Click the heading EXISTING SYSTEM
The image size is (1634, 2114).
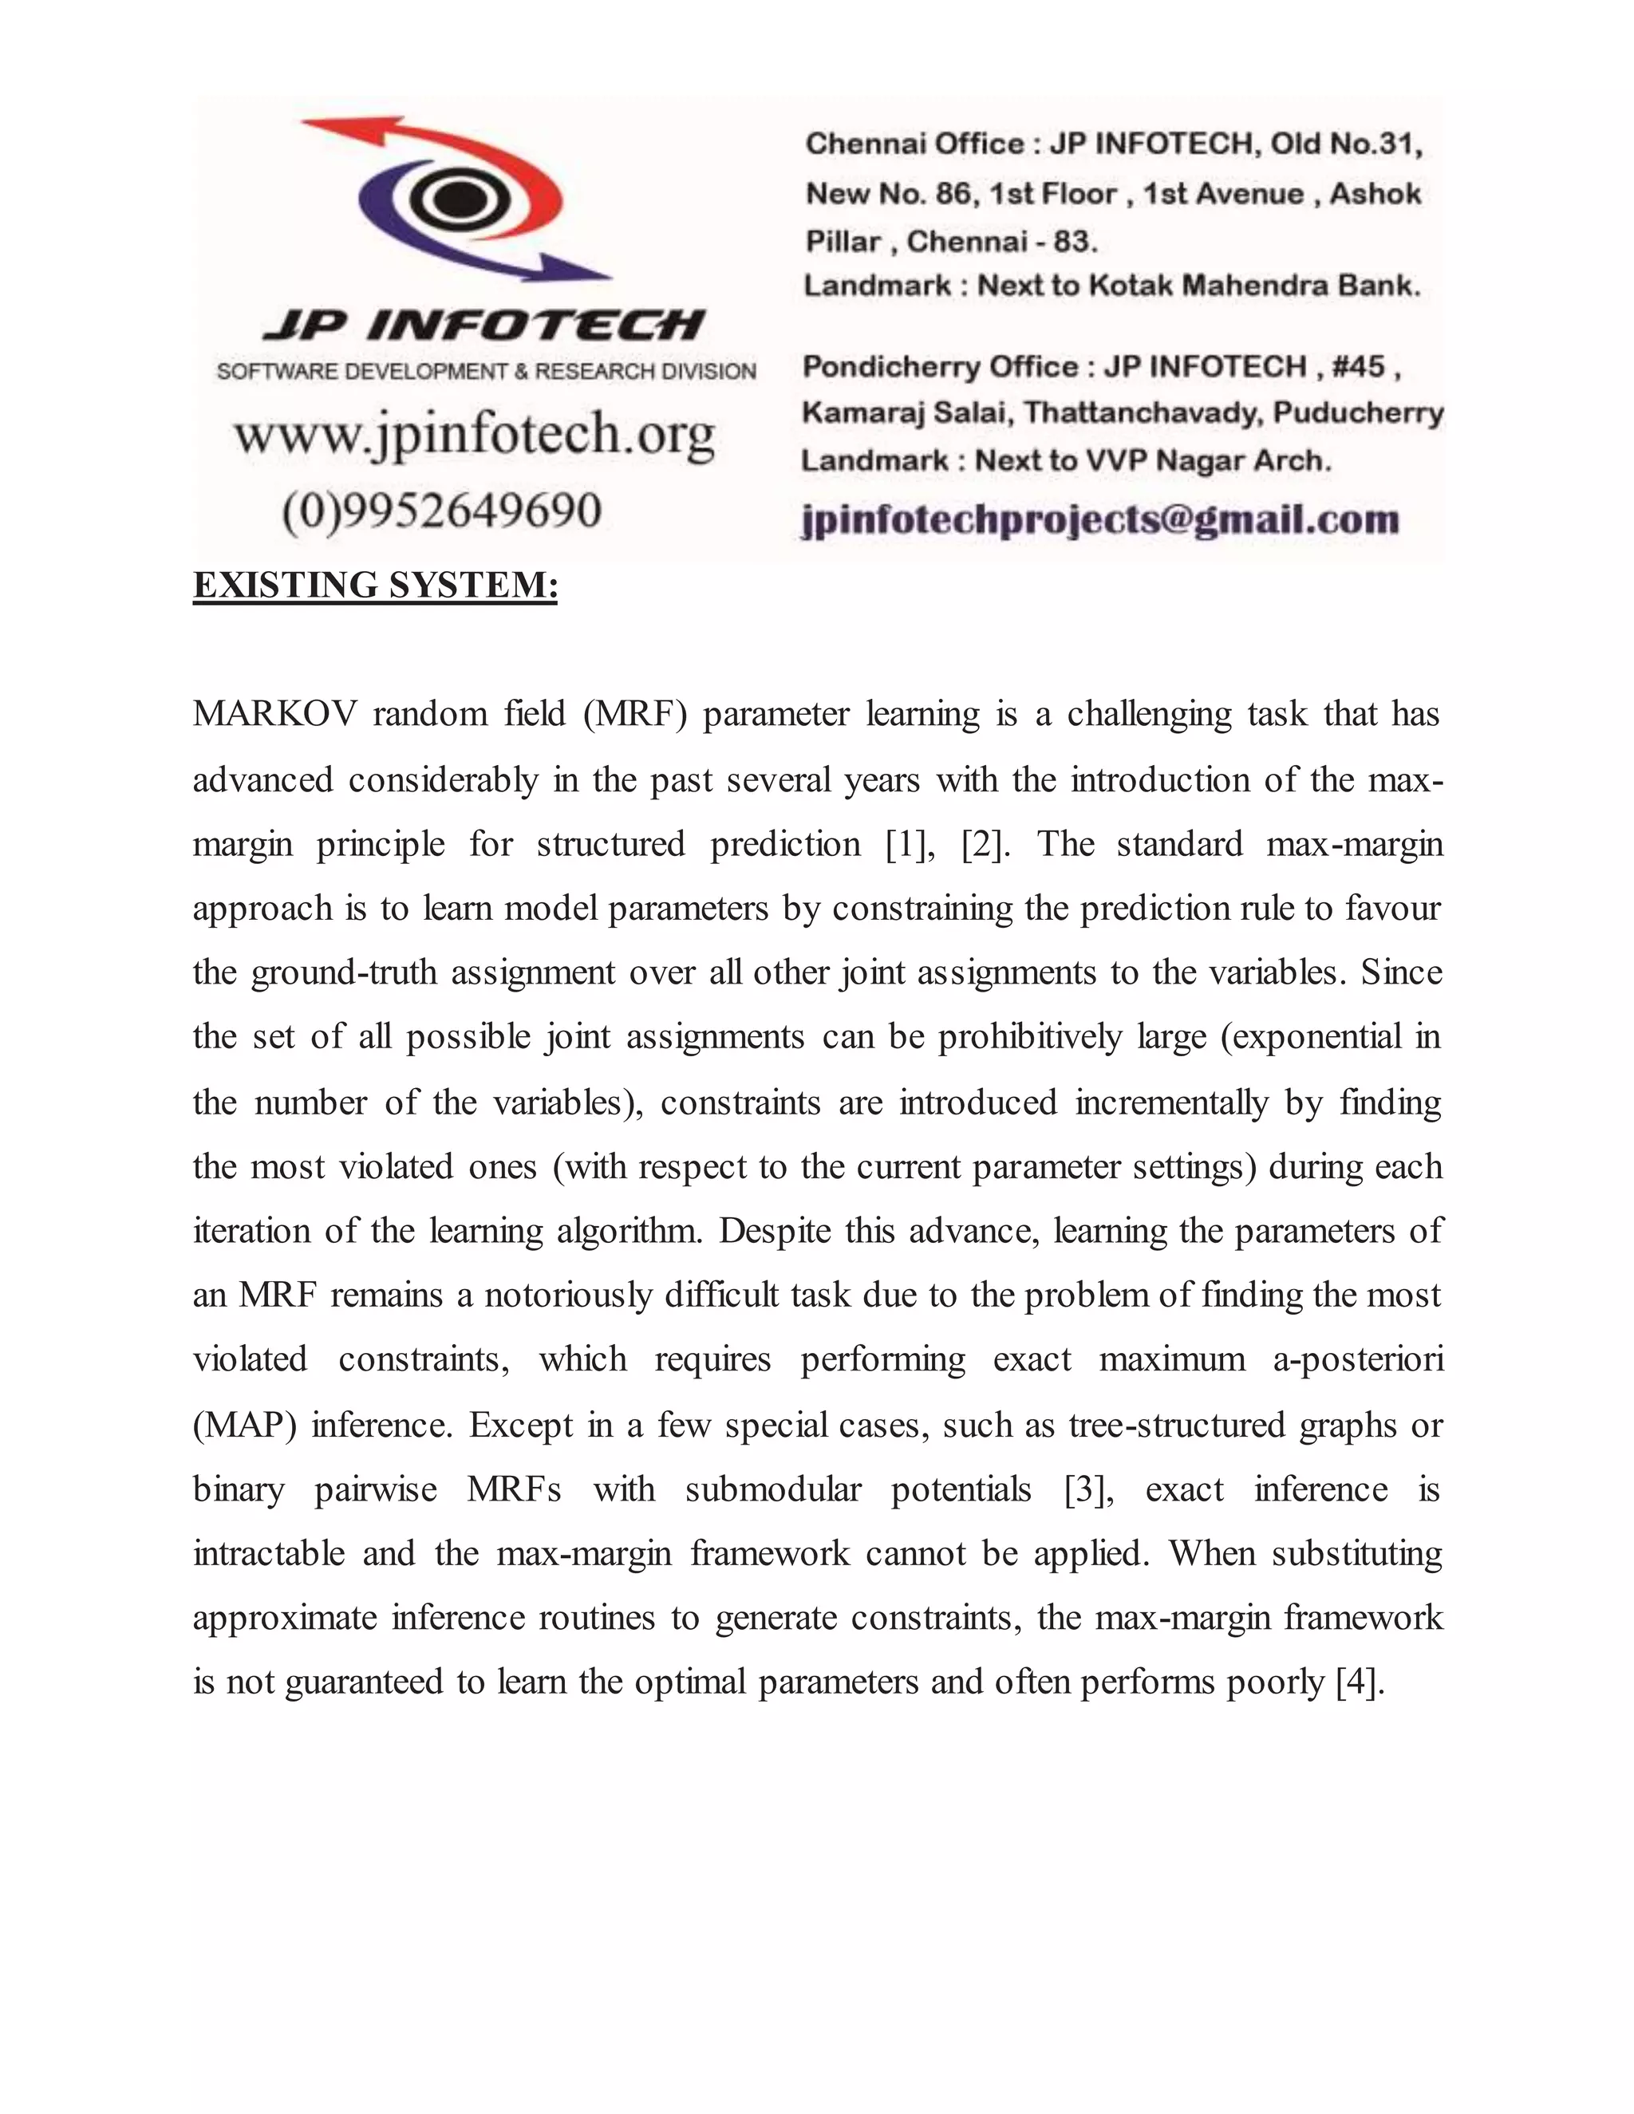coord(376,586)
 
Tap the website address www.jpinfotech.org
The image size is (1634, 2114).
coord(475,435)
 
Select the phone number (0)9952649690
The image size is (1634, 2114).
coord(441,510)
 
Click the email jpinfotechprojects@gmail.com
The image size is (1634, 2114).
coord(1100,520)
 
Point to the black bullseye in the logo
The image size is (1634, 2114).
coord(451,200)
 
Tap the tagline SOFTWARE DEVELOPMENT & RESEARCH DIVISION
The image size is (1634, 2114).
coord(486,372)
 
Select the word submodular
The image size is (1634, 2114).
coord(772,1489)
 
